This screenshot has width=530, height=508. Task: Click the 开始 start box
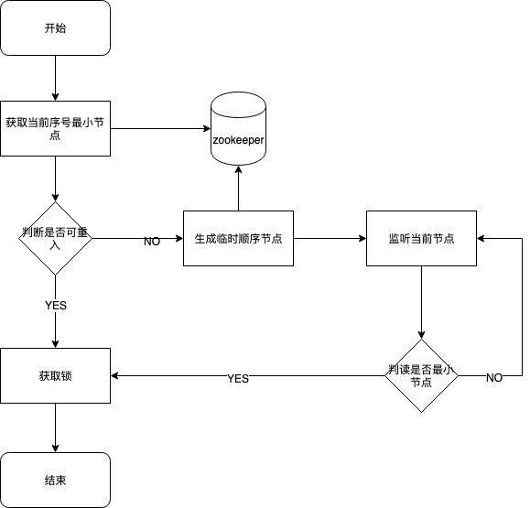[x=55, y=27]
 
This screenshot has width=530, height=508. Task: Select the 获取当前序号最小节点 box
[x=55, y=129]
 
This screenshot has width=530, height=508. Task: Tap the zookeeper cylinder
[x=238, y=129]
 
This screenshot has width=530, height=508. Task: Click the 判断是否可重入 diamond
[x=55, y=238]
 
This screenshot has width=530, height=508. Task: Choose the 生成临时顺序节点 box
[x=238, y=238]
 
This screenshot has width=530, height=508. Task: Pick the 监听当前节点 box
[x=421, y=238]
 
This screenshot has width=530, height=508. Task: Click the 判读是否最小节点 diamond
[x=421, y=375]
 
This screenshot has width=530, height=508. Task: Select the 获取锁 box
[x=55, y=375]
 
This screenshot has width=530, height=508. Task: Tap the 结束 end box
[x=55, y=480]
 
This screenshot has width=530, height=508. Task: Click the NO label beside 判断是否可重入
[x=152, y=242]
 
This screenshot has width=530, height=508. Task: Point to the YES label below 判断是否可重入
[x=55, y=306]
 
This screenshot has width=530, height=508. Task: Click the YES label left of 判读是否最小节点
[x=238, y=378]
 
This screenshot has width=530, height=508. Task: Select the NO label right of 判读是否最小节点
[x=493, y=378]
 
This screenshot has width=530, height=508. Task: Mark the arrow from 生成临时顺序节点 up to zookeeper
[x=238, y=189]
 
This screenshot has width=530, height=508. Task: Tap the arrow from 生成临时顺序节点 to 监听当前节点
[x=330, y=238]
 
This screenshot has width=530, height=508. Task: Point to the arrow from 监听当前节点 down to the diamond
[x=421, y=302]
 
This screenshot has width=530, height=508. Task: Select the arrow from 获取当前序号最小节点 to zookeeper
[x=160, y=128]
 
